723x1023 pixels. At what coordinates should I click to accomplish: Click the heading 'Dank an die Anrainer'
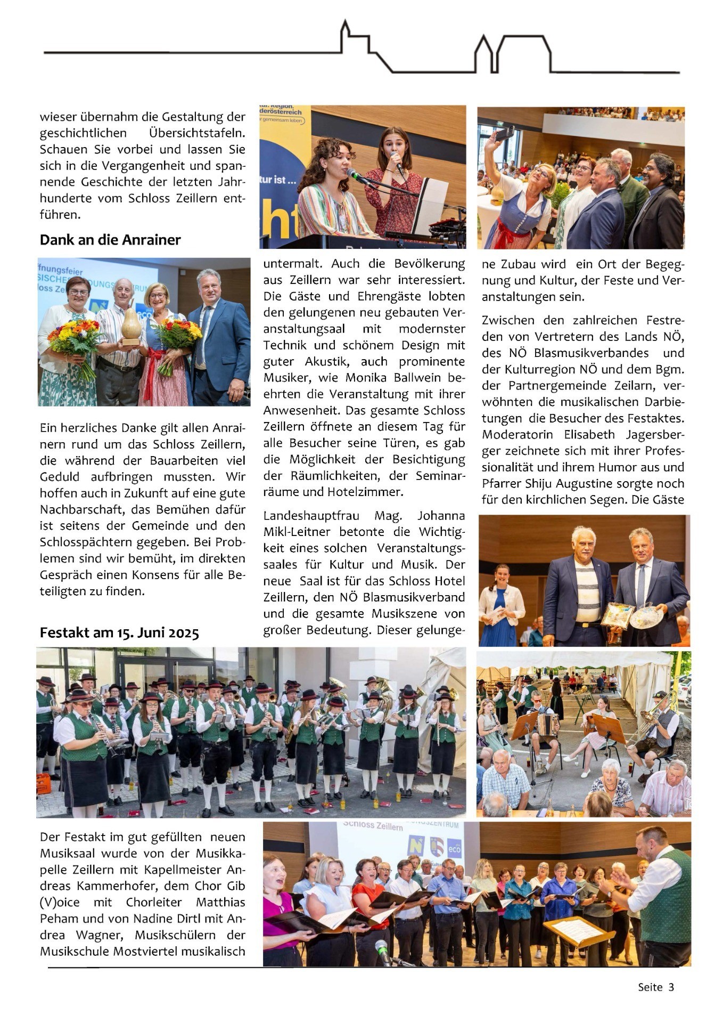click(110, 240)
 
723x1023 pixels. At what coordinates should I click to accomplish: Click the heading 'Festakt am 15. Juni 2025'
click(119, 632)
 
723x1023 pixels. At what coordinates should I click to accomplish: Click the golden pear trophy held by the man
click(131, 326)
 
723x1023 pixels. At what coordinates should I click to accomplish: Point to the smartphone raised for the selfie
click(504, 133)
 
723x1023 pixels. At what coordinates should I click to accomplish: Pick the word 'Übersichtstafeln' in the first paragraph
click(196, 133)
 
